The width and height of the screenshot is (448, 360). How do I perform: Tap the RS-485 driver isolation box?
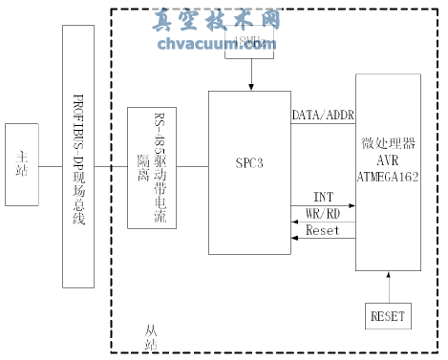[146, 167]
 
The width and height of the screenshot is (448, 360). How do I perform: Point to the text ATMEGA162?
[388, 176]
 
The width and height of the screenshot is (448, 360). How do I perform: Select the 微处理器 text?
[388, 143]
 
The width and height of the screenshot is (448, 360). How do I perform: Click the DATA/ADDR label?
[323, 116]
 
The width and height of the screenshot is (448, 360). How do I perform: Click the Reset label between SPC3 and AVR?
[322, 231]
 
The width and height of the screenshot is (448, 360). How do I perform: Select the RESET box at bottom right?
[387, 315]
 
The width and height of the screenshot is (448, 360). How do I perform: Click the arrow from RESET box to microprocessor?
[387, 286]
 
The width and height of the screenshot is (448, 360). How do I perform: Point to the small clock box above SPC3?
[248, 44]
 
